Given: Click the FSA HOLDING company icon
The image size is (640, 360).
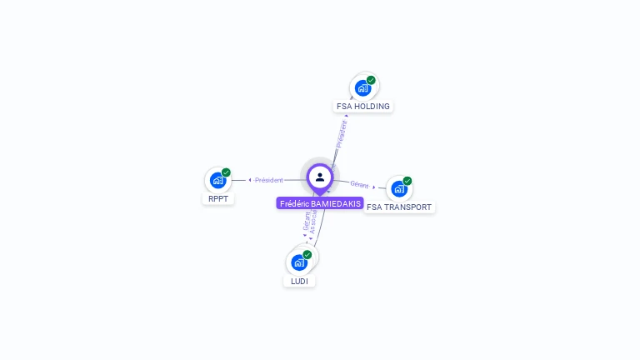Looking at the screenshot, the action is pyautogui.click(x=362, y=87).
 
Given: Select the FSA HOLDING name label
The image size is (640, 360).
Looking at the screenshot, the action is pyautogui.click(x=362, y=107).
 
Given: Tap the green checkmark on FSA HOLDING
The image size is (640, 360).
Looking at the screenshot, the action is pyautogui.click(x=371, y=80).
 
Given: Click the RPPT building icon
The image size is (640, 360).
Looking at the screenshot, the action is pyautogui.click(x=217, y=180).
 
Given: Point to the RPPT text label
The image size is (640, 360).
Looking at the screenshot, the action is pyautogui.click(x=218, y=199).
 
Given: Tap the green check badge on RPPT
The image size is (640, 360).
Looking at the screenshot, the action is pyautogui.click(x=226, y=172).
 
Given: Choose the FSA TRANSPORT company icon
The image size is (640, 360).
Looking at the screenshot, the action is pyautogui.click(x=399, y=188).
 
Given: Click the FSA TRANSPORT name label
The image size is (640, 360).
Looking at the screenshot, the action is pyautogui.click(x=400, y=207).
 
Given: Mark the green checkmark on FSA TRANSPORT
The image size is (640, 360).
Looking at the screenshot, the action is pyautogui.click(x=407, y=181).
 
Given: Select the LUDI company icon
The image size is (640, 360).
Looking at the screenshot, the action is pyautogui.click(x=299, y=262).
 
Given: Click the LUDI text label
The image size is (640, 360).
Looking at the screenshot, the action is pyautogui.click(x=299, y=282).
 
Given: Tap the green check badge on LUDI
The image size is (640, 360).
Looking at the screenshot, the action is pyautogui.click(x=307, y=254).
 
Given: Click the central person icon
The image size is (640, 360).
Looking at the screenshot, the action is pyautogui.click(x=320, y=177).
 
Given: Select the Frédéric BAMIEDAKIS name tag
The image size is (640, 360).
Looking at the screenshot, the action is pyautogui.click(x=320, y=203).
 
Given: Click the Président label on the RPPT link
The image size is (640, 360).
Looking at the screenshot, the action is pyautogui.click(x=269, y=180).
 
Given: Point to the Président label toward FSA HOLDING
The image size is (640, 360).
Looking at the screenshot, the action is pyautogui.click(x=341, y=134).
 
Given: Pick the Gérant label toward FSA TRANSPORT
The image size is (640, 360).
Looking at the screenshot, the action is pyautogui.click(x=359, y=185).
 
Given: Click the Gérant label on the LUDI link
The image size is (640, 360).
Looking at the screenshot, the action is pyautogui.click(x=307, y=221).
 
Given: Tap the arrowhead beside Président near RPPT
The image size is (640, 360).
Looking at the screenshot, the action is pyautogui.click(x=250, y=180).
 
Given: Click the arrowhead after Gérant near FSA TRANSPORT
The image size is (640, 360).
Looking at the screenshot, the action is pyautogui.click(x=374, y=187).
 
